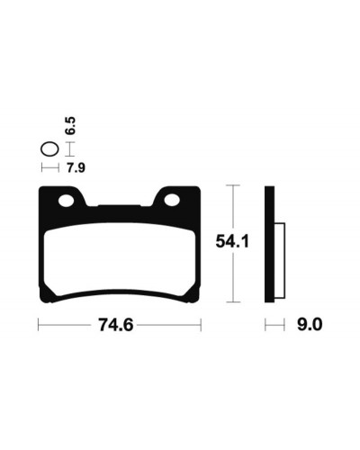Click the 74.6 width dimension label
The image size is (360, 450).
[x=116, y=325]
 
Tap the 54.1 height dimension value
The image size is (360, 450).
[x=232, y=241]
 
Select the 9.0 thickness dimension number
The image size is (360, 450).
[x=310, y=325]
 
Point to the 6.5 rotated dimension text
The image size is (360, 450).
[x=70, y=126]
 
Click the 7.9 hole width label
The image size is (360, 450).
[x=76, y=168]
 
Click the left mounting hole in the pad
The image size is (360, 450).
[x=67, y=201]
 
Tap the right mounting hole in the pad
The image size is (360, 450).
[x=172, y=200]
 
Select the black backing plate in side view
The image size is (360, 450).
[x=269, y=244]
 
